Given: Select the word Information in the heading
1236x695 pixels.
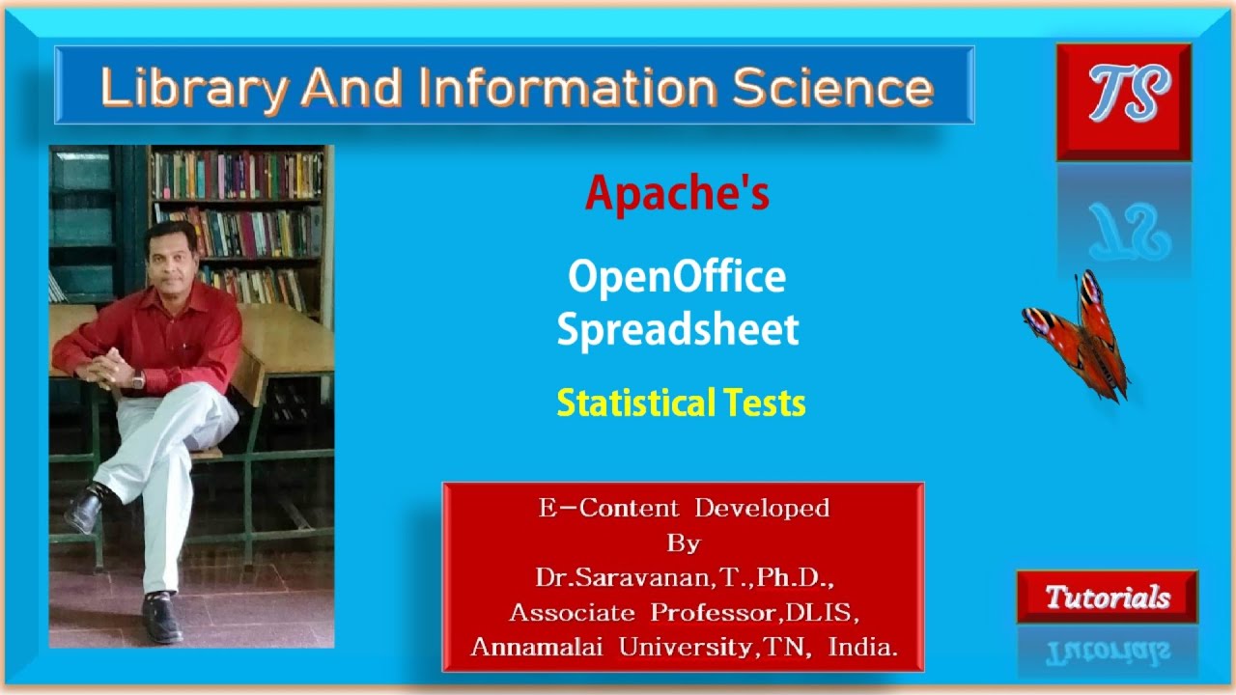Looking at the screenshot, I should click(569, 88).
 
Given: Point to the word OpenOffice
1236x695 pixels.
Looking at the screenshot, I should click(677, 277).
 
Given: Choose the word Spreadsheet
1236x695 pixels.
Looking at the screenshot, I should click(678, 329).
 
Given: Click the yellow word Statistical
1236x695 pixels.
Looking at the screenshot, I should click(630, 403).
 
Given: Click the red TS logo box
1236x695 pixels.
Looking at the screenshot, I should click(1123, 101).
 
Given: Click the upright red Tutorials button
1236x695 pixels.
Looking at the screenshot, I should click(1108, 598).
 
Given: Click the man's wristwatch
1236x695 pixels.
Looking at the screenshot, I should click(138, 379).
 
